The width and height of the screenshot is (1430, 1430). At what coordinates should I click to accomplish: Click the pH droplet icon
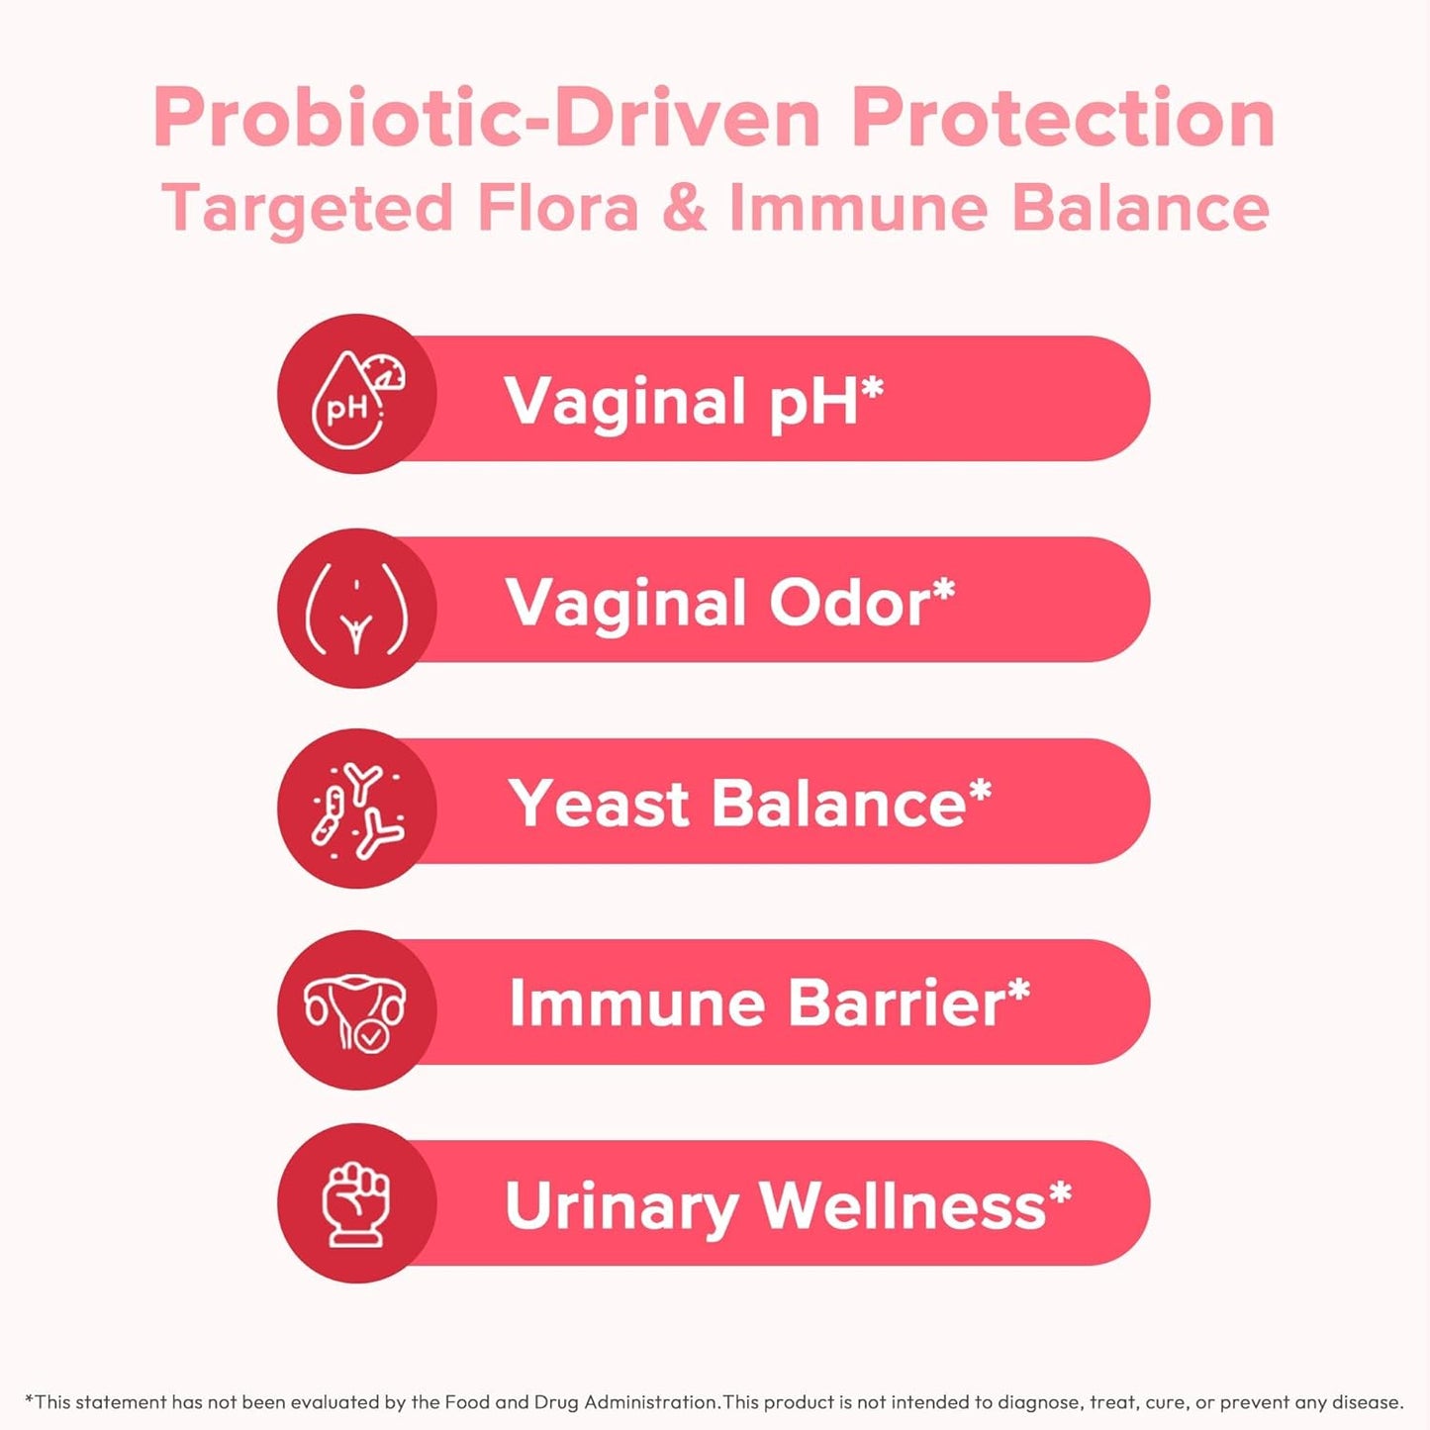[x=356, y=396]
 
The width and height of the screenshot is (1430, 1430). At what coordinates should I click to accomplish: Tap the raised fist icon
[x=356, y=1204]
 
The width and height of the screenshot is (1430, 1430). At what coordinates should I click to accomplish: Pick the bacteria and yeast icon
[x=357, y=809]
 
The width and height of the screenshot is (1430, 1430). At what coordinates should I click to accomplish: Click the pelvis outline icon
[x=356, y=608]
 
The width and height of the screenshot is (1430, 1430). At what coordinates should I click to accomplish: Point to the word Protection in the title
[x=1063, y=119]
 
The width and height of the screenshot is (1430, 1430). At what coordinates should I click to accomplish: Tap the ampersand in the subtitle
[x=684, y=208]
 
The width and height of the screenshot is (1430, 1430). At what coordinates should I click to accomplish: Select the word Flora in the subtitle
[x=557, y=209]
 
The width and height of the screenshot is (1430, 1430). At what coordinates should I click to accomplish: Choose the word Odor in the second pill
[x=849, y=603]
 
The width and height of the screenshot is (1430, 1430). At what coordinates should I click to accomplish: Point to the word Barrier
[x=896, y=1003]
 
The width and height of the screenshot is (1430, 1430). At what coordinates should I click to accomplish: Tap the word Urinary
[x=621, y=1206]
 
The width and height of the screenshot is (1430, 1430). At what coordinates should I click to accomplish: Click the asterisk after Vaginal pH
[x=871, y=389]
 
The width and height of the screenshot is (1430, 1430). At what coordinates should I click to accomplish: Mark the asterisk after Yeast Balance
[x=980, y=791]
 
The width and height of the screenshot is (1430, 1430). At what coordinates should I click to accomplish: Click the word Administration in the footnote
[x=651, y=1402]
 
